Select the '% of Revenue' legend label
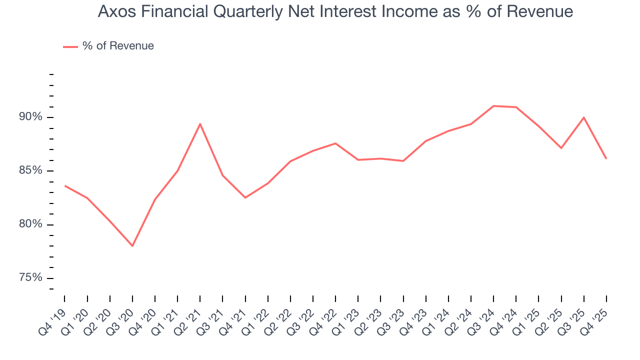pyautogui.click(x=118, y=46)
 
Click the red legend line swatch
pyautogui.click(x=70, y=46)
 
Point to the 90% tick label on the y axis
pyautogui.click(x=29, y=117)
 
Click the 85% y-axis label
pyautogui.click(x=29, y=170)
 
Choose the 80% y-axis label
pyautogui.click(x=29, y=224)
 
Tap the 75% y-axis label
pyautogui.click(x=29, y=277)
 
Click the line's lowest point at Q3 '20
pyautogui.click(x=132, y=246)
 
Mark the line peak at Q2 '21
pyautogui.click(x=200, y=124)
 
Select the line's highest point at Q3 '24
pyautogui.click(x=493, y=106)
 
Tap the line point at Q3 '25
pyautogui.click(x=584, y=117)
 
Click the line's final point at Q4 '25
pyautogui.click(x=606, y=159)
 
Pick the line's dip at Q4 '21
pyautogui.click(x=245, y=197)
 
